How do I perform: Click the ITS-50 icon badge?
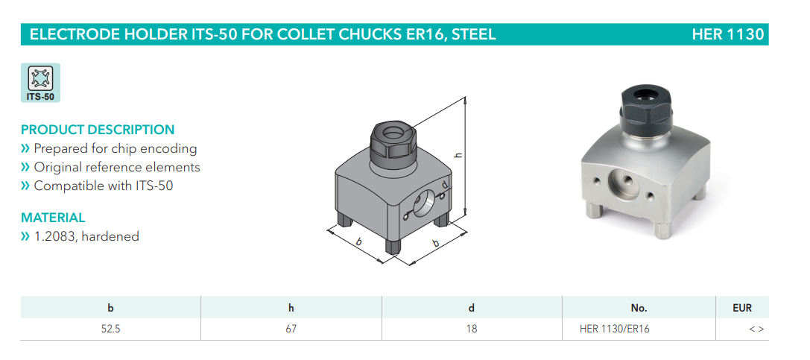pyautogui.click(x=40, y=83)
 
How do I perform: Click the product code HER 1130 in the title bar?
pyautogui.click(x=727, y=34)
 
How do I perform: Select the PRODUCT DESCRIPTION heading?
pyautogui.click(x=98, y=129)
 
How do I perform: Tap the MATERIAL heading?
pyautogui.click(x=53, y=218)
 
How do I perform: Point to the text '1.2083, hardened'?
pyautogui.click(x=86, y=236)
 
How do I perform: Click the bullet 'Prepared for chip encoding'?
pyautogui.click(x=116, y=149)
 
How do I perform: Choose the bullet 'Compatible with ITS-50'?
pyautogui.click(x=104, y=186)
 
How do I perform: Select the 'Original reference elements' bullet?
pyautogui.click(x=117, y=168)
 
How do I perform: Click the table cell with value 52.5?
pyautogui.click(x=110, y=329)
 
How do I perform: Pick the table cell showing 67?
pyautogui.click(x=291, y=329)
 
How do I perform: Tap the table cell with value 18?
pyautogui.click(x=472, y=329)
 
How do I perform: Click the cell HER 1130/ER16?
pyautogui.click(x=615, y=329)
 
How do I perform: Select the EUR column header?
pyautogui.click(x=742, y=308)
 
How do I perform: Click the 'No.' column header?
pyautogui.click(x=639, y=308)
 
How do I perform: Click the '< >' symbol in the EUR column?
pyautogui.click(x=756, y=329)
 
